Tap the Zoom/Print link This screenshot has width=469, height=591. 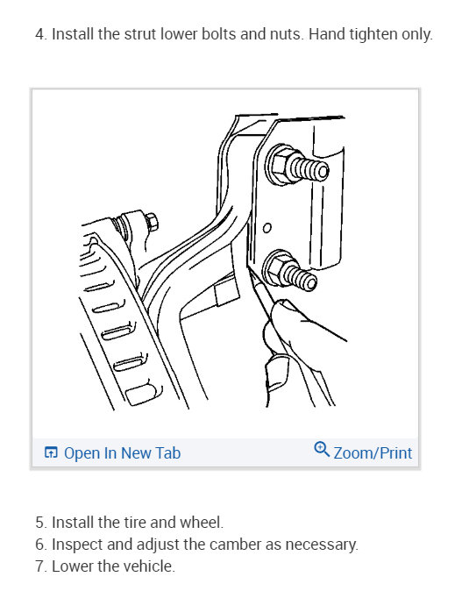tap(372, 452)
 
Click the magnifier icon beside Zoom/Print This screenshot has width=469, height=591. tap(321, 450)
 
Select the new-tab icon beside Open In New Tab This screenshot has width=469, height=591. tap(51, 453)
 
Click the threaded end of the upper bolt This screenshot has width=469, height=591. tap(313, 167)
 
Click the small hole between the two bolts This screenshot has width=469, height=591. tap(267, 229)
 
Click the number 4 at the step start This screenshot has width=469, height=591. tap(39, 36)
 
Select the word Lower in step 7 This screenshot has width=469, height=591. tap(72, 566)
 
